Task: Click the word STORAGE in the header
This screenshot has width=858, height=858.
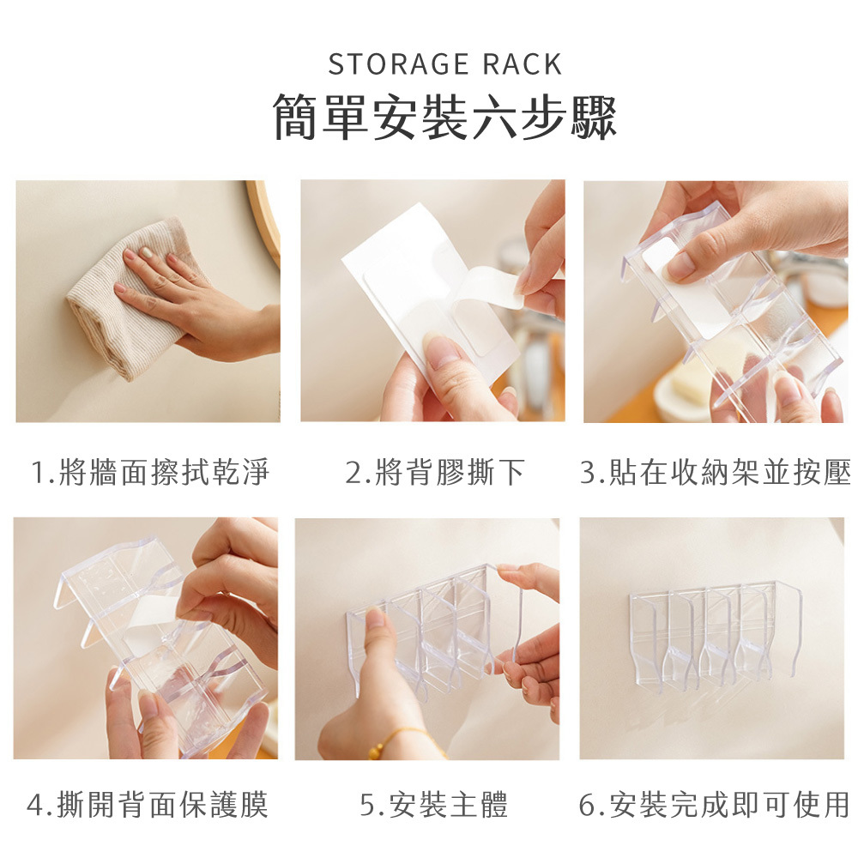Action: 398,64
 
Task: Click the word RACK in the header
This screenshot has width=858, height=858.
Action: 522,64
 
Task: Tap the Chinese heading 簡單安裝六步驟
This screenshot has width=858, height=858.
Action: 444,117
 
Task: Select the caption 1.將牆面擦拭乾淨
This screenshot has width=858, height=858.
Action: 150,472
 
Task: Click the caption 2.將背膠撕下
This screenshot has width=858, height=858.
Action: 435,472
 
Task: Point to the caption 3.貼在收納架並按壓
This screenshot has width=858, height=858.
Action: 716,472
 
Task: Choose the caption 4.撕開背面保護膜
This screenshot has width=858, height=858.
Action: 148,805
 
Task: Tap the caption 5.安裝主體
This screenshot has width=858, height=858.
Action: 434,805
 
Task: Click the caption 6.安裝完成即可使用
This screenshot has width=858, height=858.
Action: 714,805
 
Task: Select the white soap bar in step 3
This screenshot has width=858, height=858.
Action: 694,378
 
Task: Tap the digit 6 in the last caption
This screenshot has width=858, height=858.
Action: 587,805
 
